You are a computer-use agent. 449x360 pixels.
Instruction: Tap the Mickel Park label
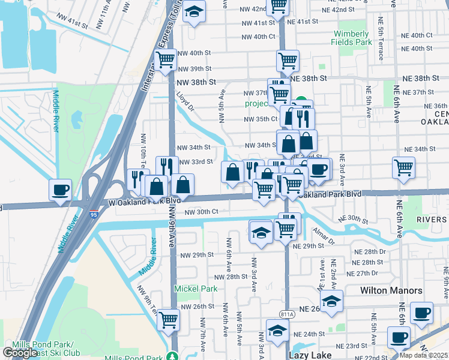point(196,289)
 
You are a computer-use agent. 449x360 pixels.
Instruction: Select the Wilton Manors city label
point(391,290)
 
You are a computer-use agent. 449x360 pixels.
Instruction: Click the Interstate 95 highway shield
point(93,214)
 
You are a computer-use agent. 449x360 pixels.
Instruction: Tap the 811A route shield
point(287,313)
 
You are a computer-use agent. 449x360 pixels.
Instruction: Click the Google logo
point(20,353)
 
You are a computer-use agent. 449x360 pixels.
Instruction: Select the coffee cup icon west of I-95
point(60,190)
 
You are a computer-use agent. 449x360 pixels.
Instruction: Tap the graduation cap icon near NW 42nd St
point(194,12)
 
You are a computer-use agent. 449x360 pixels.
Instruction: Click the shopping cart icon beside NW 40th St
point(165,60)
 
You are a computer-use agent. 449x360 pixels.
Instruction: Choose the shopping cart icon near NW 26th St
point(169,319)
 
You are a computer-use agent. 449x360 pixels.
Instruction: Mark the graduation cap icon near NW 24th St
point(277,331)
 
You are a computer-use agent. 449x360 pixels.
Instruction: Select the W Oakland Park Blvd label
point(144,202)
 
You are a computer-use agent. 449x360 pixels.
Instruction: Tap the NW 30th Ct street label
point(201,212)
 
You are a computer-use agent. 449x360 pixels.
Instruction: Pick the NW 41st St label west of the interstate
point(78,22)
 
